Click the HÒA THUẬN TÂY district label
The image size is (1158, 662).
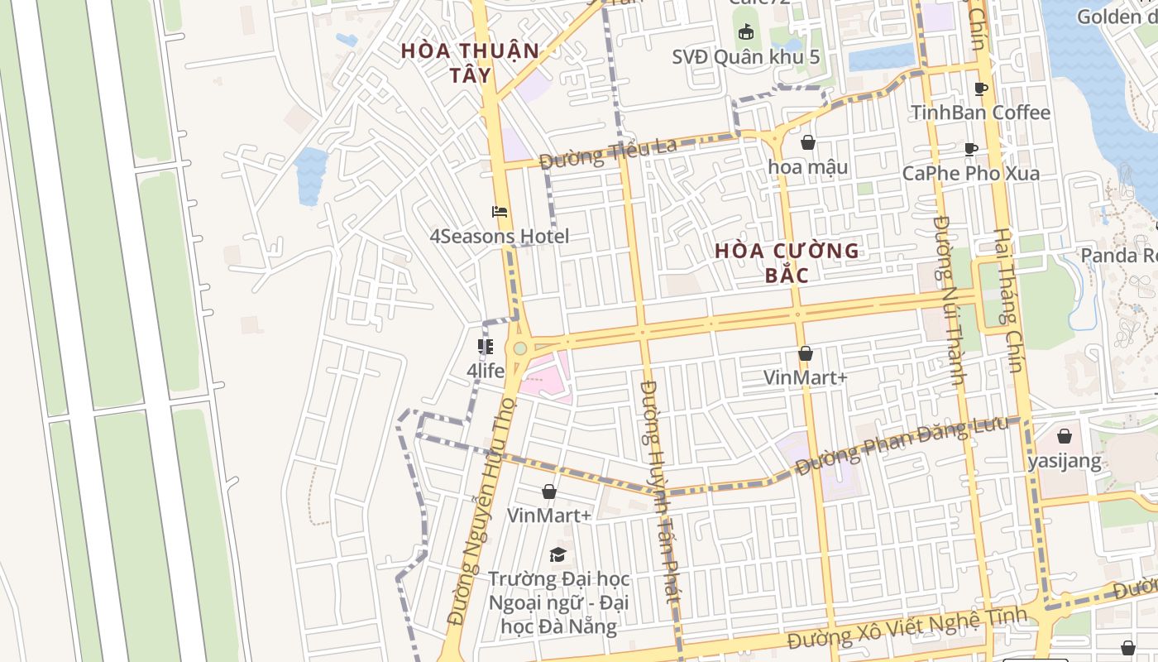pyautogui.click(x=470, y=62)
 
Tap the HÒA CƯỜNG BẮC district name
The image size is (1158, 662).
pyautogui.click(x=787, y=262)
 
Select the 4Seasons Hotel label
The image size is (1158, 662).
pyautogui.click(x=499, y=237)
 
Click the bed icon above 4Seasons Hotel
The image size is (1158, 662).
pyautogui.click(x=500, y=212)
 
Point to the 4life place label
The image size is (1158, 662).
pyautogui.click(x=486, y=371)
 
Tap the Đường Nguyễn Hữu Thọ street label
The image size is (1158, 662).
pyautogui.click(x=480, y=511)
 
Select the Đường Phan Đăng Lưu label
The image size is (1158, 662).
pyautogui.click(x=902, y=447)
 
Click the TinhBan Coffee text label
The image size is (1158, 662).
pyautogui.click(x=980, y=113)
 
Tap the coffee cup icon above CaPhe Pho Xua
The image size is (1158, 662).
pyautogui.click(x=971, y=150)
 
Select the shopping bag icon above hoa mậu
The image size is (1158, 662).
pyautogui.click(x=808, y=142)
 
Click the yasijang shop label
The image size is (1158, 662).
pyautogui.click(x=1065, y=461)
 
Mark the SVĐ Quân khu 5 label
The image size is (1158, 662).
pyautogui.click(x=745, y=57)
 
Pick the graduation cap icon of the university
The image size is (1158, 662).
pyautogui.click(x=558, y=554)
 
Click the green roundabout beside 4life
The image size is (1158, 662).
pyautogui.click(x=519, y=348)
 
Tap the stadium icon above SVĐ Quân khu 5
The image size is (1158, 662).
pyautogui.click(x=746, y=32)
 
